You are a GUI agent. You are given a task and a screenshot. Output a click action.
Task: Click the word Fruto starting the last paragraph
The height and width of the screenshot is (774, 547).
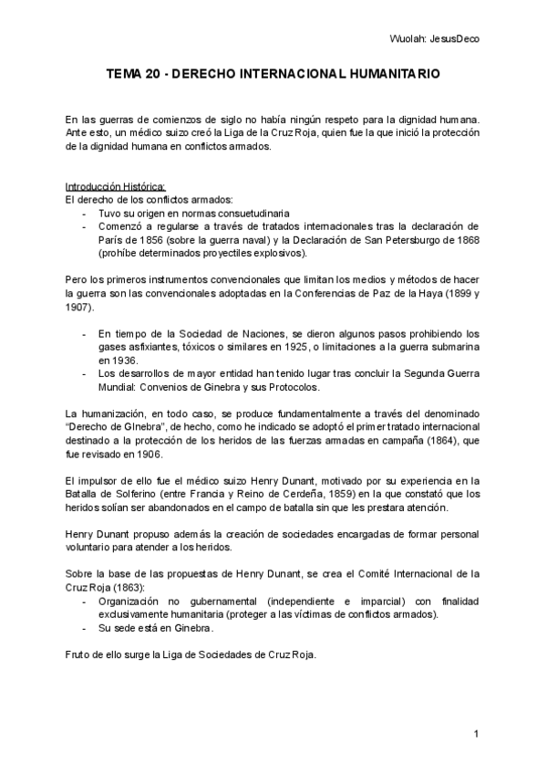point(80,654)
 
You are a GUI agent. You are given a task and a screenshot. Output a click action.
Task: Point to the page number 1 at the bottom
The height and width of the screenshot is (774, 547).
point(477,734)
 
